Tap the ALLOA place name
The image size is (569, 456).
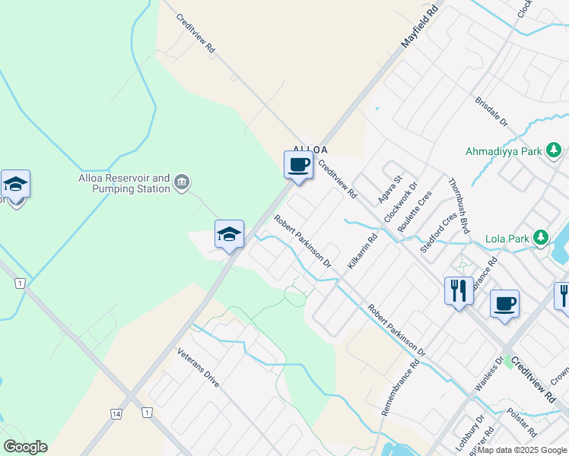click(x=310, y=150)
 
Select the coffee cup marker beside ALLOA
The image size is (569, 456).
click(x=298, y=165)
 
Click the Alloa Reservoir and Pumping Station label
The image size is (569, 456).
click(x=125, y=183)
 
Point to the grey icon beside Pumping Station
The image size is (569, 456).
click(x=182, y=182)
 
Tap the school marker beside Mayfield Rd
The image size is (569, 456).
click(x=228, y=235)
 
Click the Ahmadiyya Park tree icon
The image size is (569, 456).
click(x=555, y=150)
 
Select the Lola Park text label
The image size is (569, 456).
click(x=507, y=239)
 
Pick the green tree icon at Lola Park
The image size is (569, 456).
click(x=541, y=238)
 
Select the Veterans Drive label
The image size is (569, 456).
click(x=199, y=368)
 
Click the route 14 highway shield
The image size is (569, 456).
click(x=116, y=413)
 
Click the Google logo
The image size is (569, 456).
click(x=25, y=447)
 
